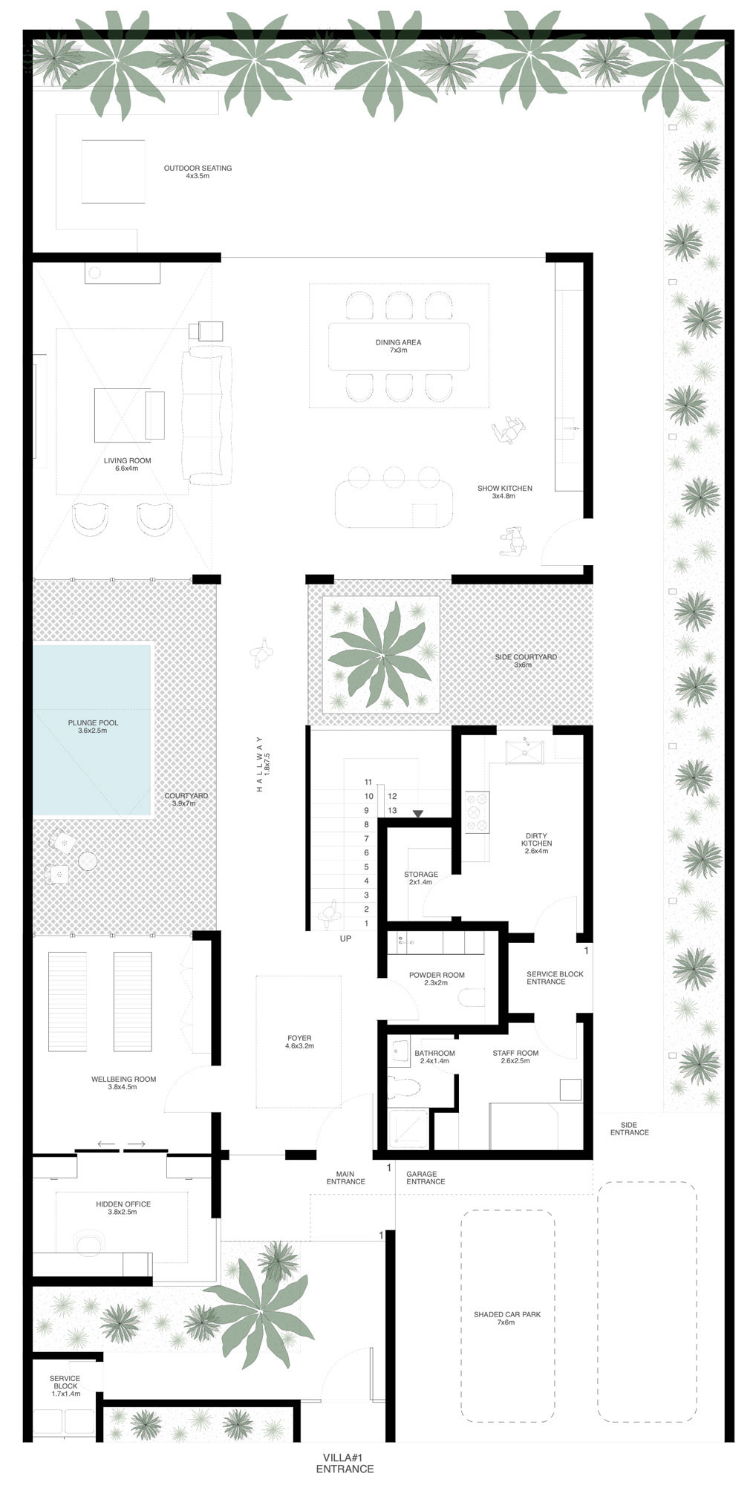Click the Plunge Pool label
point(93,726)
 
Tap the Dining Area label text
point(398,346)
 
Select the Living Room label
point(127,464)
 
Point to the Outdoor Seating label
point(198,172)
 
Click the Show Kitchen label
point(504,492)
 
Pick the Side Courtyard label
point(526,660)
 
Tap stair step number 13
point(392,810)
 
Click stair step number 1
point(366,923)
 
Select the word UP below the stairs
point(345,939)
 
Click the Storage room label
point(421,878)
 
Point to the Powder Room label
point(437,979)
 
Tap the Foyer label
point(299,1042)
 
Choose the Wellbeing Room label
point(124,1083)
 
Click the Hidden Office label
point(123,1207)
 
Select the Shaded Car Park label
point(507,1318)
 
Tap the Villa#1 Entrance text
point(345,1463)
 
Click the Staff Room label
point(515,1057)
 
